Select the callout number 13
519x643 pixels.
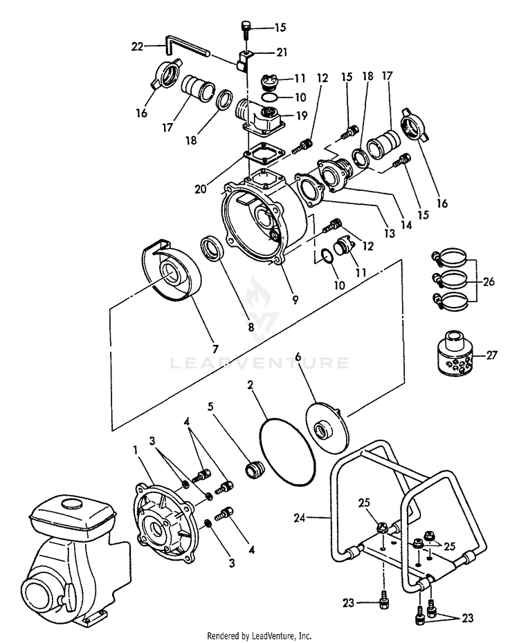(390, 234)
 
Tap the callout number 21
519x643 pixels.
(282, 53)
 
